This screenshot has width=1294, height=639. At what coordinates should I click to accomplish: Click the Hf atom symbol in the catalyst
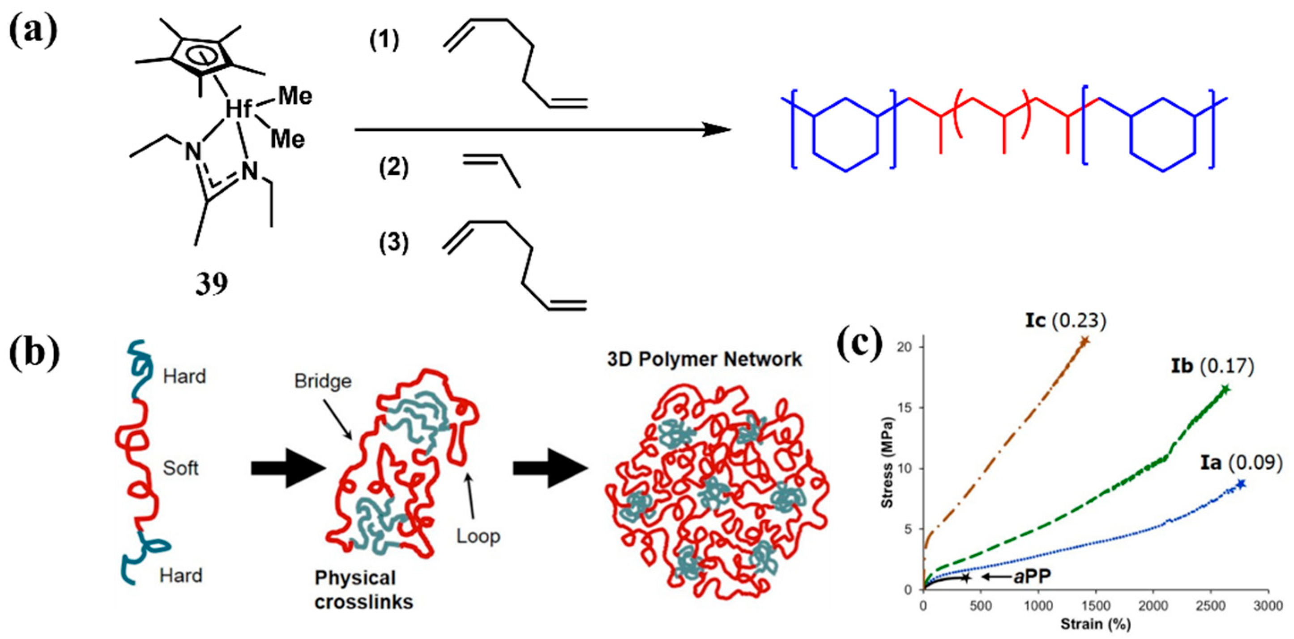click(238, 108)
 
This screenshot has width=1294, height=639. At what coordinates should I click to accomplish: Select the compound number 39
click(211, 285)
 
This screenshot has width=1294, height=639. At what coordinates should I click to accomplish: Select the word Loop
click(478, 536)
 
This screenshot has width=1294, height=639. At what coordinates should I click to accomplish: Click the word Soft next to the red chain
click(180, 469)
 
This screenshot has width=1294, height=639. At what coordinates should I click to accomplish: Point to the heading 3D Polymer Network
click(704, 359)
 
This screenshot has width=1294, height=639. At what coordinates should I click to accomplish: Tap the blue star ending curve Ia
click(1241, 484)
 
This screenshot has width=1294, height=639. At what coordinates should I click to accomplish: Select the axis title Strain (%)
click(1095, 624)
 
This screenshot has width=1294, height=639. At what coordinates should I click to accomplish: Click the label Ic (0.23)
click(1065, 320)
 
